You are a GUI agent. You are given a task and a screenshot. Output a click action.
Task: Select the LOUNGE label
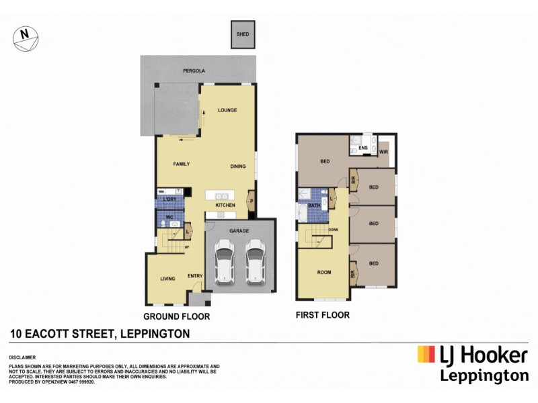pos(227,110)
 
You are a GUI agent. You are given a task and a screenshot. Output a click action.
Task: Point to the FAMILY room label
pos(181,164)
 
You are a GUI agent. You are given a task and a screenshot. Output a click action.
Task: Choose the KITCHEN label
pos(224,204)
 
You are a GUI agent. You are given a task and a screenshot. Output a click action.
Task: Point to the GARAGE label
pos(239,230)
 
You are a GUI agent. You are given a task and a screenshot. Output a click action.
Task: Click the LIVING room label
pos(167,278)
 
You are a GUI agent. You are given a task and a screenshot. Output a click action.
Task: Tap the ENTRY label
pos(196,276)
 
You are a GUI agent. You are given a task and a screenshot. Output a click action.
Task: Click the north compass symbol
pos(24,38)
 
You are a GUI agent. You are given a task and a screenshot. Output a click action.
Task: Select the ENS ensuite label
pos(363,147)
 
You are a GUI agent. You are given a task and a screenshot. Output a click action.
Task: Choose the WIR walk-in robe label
pos(383,152)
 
